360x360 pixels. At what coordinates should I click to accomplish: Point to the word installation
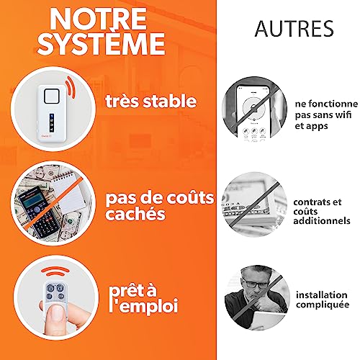tap(319, 294)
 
